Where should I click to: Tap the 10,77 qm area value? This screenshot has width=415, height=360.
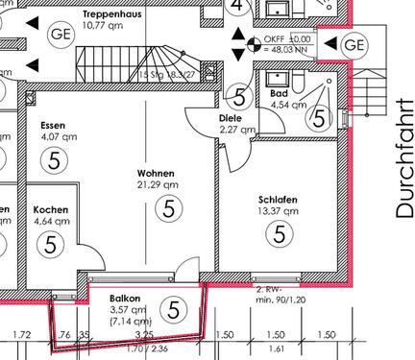(106, 28)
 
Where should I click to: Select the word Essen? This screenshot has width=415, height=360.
(53, 126)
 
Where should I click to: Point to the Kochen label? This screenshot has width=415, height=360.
(51, 209)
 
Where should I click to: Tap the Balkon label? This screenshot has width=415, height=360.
(125, 299)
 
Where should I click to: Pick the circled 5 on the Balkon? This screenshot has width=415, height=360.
(173, 308)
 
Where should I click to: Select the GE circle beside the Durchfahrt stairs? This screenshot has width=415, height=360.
(354, 44)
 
